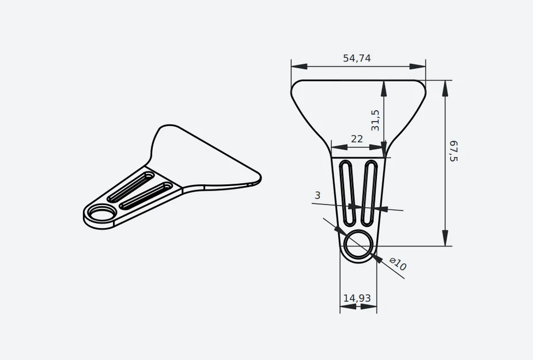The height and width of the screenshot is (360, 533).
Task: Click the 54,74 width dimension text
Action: coord(357,58)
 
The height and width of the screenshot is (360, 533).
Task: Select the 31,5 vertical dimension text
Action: coord(375,120)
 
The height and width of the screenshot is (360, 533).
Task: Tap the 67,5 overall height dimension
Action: coord(453,150)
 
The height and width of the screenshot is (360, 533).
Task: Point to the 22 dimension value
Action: coord(357,139)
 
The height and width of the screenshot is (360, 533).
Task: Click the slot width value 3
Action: coord(317,195)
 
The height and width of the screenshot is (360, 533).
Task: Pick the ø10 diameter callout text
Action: coord(398,264)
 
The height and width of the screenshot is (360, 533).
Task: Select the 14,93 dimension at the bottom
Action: coord(357,298)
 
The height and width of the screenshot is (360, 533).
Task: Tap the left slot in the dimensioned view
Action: coord(347,193)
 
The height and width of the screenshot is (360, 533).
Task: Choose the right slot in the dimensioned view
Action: coord(371,193)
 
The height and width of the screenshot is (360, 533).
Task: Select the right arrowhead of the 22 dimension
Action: coord(380,147)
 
